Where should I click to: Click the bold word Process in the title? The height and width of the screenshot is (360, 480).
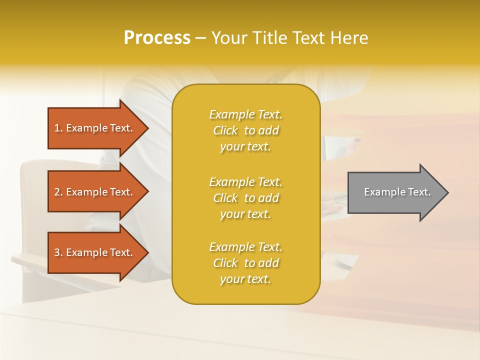coord(157,37)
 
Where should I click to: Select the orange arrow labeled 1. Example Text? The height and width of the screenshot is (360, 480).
coord(95,128)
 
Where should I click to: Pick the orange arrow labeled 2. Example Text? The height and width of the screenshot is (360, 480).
coord(95,192)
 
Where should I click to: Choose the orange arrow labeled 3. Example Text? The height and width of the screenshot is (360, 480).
coord(95,252)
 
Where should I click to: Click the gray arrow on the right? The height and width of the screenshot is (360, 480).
coord(395,192)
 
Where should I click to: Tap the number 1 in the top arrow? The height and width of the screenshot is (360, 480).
coord(57,128)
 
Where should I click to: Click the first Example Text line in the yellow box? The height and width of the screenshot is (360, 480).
coord(245,114)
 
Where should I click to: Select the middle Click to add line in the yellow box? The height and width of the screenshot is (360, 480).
coord(245,198)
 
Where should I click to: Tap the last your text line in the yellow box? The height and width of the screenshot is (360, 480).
coord(245,279)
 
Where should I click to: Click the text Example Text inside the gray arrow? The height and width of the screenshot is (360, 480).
coord(397,192)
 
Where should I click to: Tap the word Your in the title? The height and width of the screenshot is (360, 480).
coord(228,37)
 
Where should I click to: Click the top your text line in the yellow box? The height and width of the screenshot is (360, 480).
coord(245,146)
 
